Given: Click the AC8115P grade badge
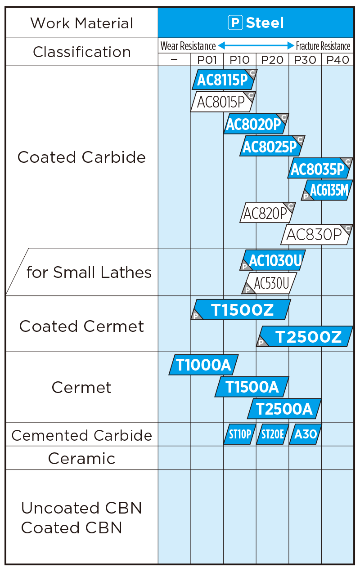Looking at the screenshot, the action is coord(225,80).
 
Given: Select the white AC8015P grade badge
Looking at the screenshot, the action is coord(223,102).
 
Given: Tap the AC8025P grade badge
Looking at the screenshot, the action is coord(272,146).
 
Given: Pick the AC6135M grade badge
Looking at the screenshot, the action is coord(327,190).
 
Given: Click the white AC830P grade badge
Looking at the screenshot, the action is coord(317,234).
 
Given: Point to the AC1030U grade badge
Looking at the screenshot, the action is coord(273,260).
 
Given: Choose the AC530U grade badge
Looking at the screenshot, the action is coord(269,283).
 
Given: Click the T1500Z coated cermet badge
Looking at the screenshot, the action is coord(241,309).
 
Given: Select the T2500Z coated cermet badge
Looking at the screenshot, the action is coord(305,336).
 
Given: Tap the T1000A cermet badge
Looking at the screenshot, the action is coord(204,365).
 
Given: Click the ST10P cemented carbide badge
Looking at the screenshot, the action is coord(240,434).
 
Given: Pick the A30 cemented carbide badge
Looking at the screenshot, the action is coord(305,434).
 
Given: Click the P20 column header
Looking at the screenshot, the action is coord(272,60).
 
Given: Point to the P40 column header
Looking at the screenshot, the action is coord(338,60).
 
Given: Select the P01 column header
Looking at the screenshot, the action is coord(207,60).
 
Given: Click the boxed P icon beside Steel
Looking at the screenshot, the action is coord(235,23).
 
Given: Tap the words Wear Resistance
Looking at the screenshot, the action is coord(188,46).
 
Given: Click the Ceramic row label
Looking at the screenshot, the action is coord(82,458).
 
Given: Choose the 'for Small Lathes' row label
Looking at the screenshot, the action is coord(89,272).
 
